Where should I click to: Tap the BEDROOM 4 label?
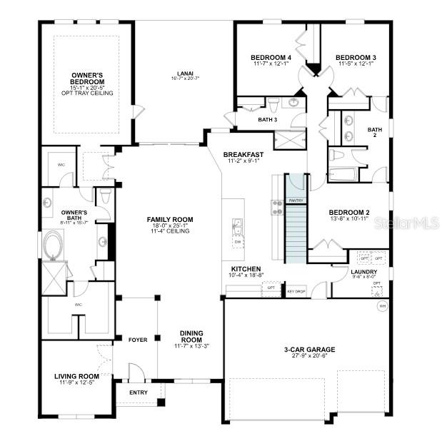point(271,58)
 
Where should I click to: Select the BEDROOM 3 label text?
point(356,58)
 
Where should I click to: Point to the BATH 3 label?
point(267,119)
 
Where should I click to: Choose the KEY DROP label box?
point(296,291)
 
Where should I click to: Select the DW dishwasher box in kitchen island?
point(237,242)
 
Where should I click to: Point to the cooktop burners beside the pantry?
point(276,207)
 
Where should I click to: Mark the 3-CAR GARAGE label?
point(309,350)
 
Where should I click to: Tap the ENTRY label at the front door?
point(139,392)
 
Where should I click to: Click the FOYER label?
point(137,340)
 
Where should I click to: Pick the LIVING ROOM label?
point(76,376)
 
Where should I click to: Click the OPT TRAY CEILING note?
point(87,93)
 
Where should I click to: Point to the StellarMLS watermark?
point(410,223)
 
